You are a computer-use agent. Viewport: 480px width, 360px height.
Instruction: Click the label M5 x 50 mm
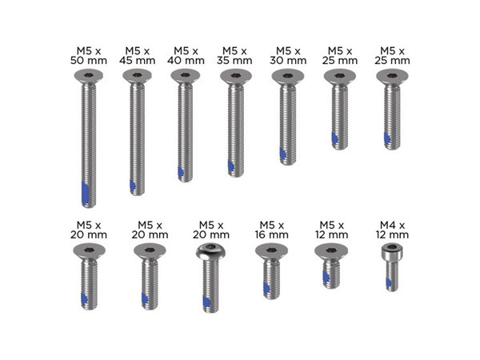pos(87,55)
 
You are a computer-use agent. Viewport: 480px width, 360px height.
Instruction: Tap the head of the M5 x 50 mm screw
pos(87,76)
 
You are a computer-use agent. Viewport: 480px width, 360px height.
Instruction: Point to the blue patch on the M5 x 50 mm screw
pos(86,194)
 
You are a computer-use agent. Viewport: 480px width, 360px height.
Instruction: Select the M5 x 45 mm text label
pos(138,55)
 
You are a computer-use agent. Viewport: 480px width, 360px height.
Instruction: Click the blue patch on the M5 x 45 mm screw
pos(133,186)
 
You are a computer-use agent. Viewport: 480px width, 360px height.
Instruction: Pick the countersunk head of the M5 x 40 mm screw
pos(186,76)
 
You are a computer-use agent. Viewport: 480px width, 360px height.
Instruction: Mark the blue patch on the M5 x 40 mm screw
pos(181,172)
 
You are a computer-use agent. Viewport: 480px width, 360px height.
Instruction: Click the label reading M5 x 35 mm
pos(235,55)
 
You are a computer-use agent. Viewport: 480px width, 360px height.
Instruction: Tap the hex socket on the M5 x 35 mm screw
pos(235,75)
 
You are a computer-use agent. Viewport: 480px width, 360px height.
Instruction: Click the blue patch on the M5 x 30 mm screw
pos(282,151)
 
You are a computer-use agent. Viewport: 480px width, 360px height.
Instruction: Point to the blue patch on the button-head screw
pos(206,302)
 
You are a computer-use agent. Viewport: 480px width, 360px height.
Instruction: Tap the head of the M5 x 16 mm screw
pos(271,250)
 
